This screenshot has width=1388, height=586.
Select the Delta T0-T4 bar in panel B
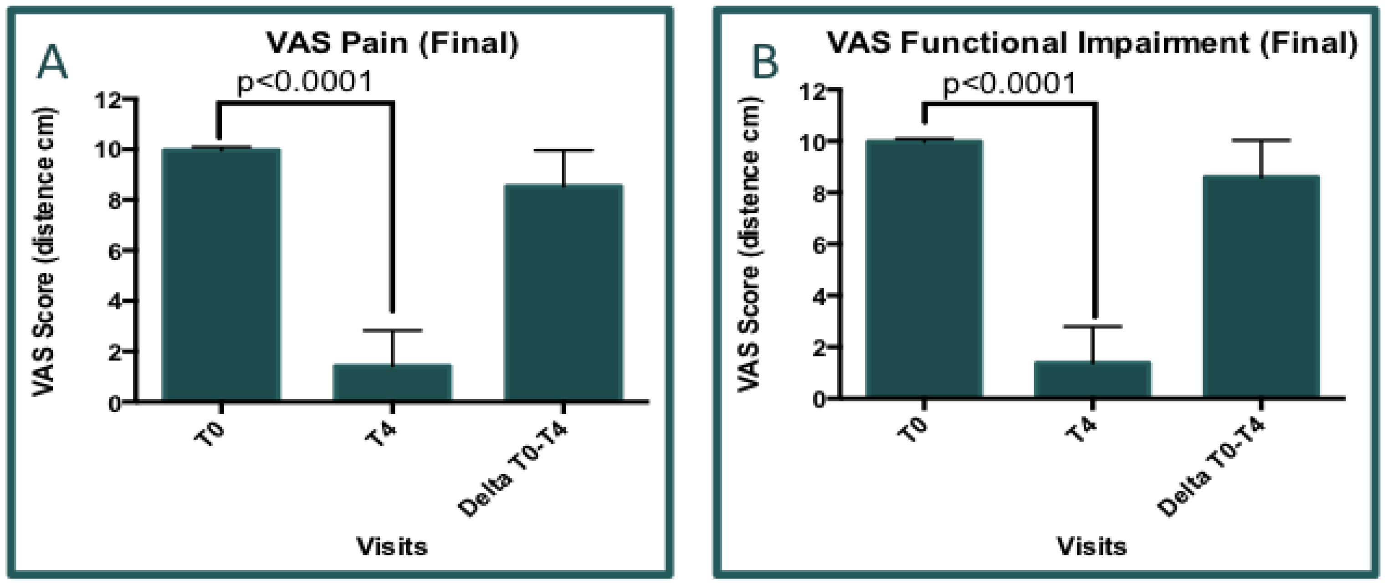point(1261,286)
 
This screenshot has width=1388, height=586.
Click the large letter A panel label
point(52,63)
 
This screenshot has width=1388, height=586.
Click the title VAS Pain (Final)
point(392,43)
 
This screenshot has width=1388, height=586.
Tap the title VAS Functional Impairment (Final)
point(1092,43)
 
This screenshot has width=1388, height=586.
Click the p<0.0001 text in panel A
point(305,82)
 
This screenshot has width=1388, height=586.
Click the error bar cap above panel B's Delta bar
point(1261,140)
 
